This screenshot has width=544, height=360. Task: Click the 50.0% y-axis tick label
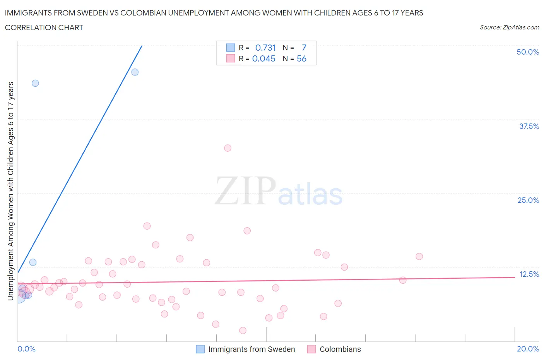click(x=527, y=52)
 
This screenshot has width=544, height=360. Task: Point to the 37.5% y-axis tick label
click(x=529, y=126)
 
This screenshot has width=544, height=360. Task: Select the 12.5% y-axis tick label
click(x=529, y=274)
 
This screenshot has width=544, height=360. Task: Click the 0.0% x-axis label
click(x=26, y=349)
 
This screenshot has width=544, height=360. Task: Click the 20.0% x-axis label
click(x=527, y=349)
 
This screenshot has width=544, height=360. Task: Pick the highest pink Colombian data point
click(x=228, y=148)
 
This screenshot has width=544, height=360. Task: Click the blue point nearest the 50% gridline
click(x=135, y=72)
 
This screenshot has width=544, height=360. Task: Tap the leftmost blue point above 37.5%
click(x=35, y=83)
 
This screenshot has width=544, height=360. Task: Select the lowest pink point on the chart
click(x=243, y=330)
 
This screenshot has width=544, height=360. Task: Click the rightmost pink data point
click(x=419, y=256)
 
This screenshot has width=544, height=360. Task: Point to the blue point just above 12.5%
click(x=33, y=262)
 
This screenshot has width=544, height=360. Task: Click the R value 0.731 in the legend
click(x=265, y=48)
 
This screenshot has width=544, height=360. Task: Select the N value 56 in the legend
click(x=301, y=58)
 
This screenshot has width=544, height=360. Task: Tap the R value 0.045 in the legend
click(x=263, y=58)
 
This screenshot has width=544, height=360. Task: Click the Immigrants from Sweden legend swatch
click(x=200, y=349)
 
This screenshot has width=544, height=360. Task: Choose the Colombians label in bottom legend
click(x=340, y=349)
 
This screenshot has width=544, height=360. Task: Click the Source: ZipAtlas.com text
click(x=509, y=27)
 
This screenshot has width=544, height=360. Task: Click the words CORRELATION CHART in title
click(x=44, y=27)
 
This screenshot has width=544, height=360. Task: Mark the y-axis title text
click(x=10, y=191)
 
